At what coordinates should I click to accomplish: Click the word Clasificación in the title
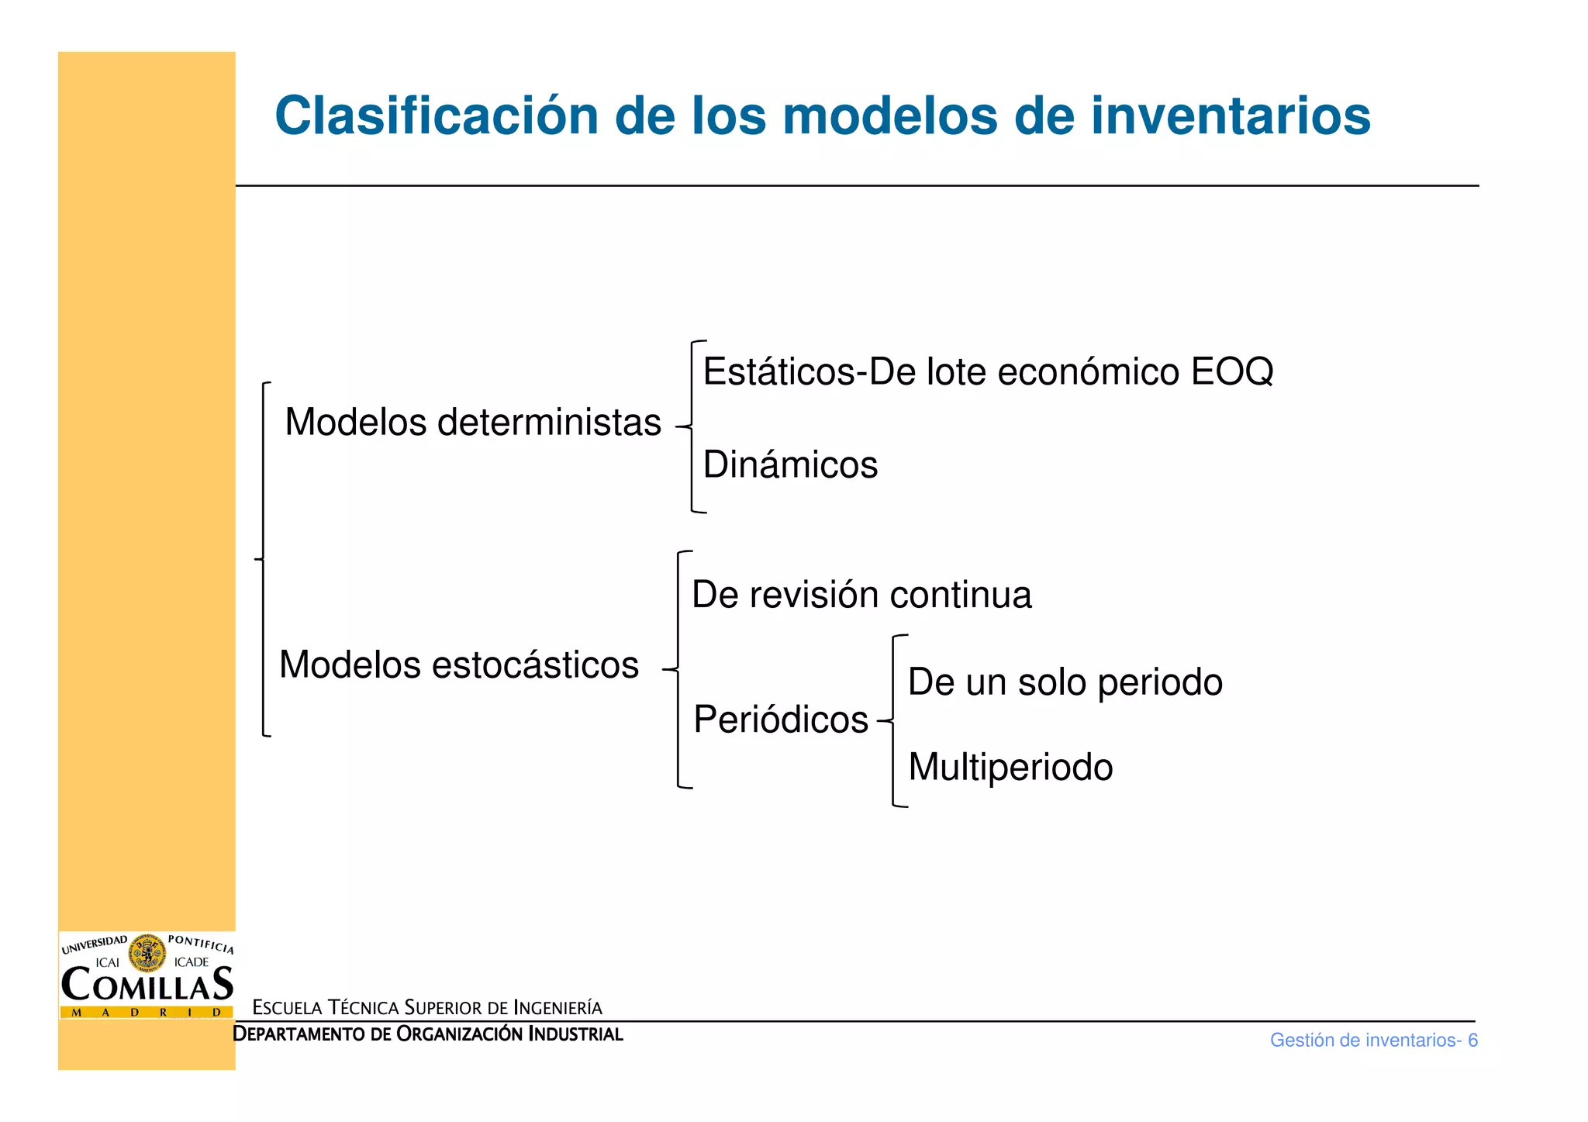click(x=437, y=116)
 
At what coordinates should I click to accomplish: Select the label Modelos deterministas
click(x=473, y=423)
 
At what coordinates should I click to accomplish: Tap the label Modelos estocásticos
click(x=459, y=665)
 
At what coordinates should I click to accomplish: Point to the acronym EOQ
click(x=1232, y=371)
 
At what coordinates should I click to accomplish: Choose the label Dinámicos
click(x=790, y=465)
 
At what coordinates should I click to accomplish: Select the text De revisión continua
click(x=861, y=595)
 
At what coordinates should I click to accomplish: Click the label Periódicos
click(x=781, y=720)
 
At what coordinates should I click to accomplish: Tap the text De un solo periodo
click(x=1065, y=682)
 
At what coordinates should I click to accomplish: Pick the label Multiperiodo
click(x=1010, y=767)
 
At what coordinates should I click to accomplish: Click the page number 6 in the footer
click(x=1472, y=1041)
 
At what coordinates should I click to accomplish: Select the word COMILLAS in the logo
click(x=147, y=985)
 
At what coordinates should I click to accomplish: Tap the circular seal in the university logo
click(x=147, y=953)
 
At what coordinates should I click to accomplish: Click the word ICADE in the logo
click(x=192, y=962)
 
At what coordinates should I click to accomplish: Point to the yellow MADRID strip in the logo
click(x=147, y=1012)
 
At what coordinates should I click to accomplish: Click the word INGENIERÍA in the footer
click(x=558, y=1008)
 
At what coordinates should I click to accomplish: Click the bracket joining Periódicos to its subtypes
click(x=893, y=721)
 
